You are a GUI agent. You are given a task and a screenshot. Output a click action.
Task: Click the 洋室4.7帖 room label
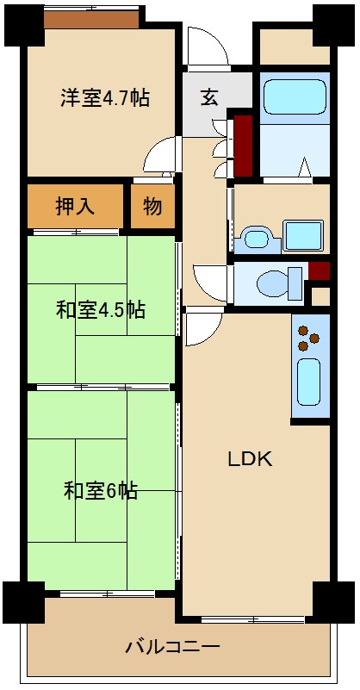(104, 97)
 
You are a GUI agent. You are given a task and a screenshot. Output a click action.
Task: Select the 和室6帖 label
(100, 491)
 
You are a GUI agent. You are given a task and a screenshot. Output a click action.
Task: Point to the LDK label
(250, 459)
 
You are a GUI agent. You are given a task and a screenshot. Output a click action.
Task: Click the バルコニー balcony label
(172, 645)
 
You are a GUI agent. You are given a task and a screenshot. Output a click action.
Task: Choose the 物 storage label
(152, 207)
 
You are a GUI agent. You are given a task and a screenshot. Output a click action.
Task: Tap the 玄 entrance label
(209, 96)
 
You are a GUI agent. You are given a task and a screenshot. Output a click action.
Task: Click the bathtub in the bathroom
(292, 98)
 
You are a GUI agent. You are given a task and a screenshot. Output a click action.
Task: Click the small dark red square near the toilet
(319, 270)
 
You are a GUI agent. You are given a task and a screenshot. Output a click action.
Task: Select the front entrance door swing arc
(207, 47)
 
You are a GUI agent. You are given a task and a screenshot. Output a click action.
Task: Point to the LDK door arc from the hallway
(203, 327)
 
